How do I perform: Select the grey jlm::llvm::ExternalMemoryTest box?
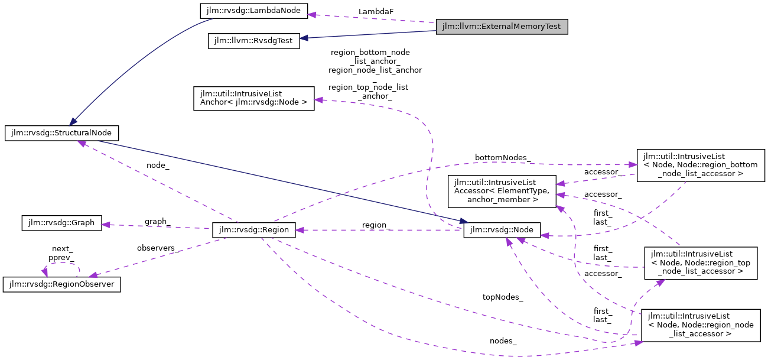(502, 27)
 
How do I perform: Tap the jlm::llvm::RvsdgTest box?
(253, 41)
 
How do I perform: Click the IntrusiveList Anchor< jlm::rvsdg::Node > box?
(253, 98)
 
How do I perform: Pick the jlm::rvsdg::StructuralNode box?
(62, 132)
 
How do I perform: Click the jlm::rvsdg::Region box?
(253, 231)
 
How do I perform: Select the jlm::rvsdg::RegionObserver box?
(62, 284)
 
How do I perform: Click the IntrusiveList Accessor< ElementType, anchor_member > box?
(502, 191)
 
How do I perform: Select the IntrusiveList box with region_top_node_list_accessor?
(700, 263)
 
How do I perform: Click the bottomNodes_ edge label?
(503, 158)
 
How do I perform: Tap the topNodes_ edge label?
(503, 297)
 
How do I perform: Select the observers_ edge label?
(158, 248)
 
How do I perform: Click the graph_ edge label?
(158, 222)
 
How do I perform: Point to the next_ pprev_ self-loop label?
(62, 254)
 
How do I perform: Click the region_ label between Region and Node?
(376, 225)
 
